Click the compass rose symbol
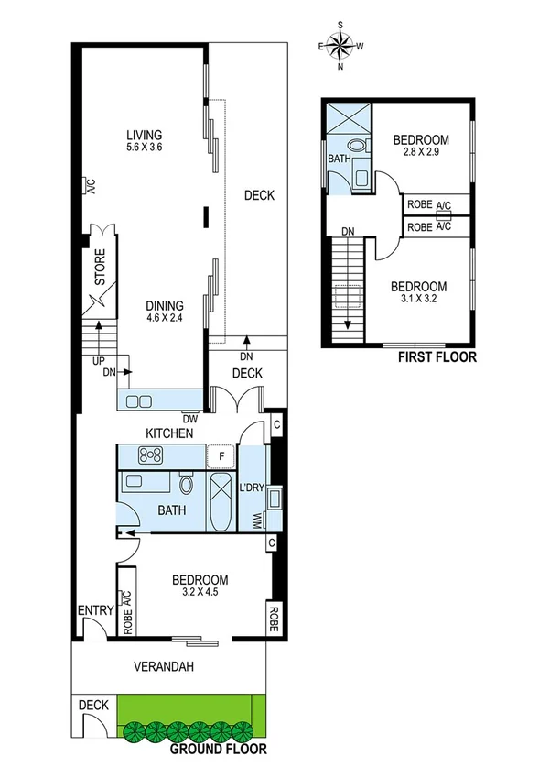pos(340,45)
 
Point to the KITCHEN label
pos(170,433)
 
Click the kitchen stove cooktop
pos(149,455)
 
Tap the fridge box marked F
pos(221,455)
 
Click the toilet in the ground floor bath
pos(187,485)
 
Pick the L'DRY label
pos(252,488)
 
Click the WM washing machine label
pos(255,520)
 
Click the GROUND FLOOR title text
pos(219,749)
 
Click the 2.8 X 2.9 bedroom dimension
pos(421,153)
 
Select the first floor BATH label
pos(340,159)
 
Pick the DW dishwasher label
pos(190,419)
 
